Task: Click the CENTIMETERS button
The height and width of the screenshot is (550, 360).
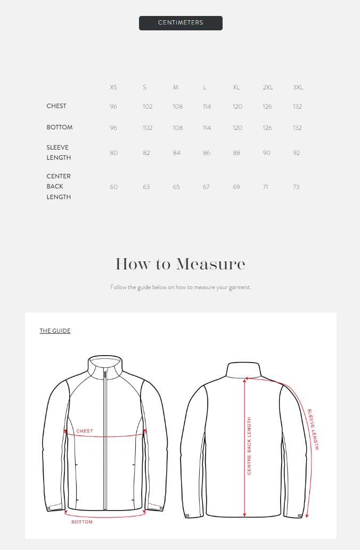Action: pos(181,23)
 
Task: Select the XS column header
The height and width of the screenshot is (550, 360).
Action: pos(113,87)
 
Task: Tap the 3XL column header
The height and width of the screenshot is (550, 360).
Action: pos(298,87)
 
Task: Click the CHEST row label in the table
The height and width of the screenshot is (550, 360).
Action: pos(56,106)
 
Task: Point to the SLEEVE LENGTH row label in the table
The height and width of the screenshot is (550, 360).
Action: pos(59,152)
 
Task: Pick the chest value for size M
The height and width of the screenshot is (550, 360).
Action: pos(177,106)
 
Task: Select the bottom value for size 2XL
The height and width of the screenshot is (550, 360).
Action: pos(267,128)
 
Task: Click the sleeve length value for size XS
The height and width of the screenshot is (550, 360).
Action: pos(113,153)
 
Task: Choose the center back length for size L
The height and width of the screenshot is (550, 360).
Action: pos(206,187)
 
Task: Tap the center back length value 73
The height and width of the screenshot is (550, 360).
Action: pos(296,187)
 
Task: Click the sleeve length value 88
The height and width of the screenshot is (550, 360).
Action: pos(236,153)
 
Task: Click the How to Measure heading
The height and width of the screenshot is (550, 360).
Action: pos(180,264)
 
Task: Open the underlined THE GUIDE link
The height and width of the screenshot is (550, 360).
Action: pos(55,331)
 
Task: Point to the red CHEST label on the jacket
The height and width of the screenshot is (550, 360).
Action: pos(85,431)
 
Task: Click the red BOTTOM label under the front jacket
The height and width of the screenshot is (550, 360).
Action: pos(82,522)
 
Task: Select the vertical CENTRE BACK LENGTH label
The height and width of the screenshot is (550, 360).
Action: pos(249,446)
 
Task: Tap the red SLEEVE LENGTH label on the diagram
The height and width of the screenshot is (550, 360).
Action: pos(313,429)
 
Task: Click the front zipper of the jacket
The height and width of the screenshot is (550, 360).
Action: pos(105,437)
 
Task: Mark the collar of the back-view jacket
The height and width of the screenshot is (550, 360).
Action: pos(244,370)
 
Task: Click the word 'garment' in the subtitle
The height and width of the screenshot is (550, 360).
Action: pos(238,288)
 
